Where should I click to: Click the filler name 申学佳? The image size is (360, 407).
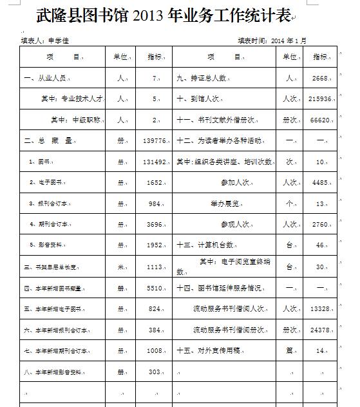59,41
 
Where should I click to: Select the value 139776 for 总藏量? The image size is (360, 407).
155,140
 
